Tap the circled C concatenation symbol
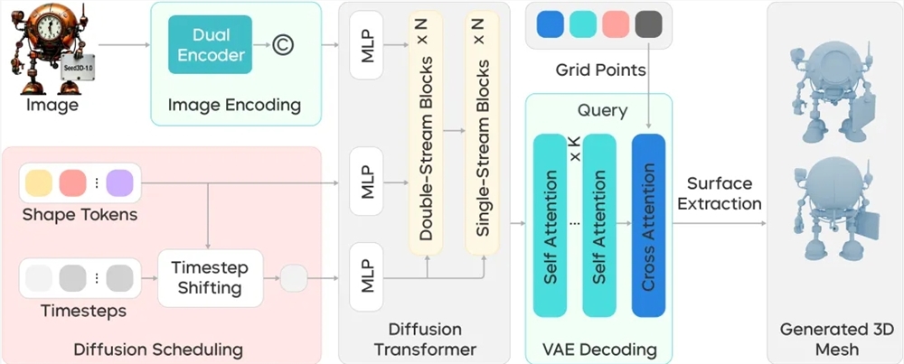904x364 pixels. pyautogui.click(x=282, y=45)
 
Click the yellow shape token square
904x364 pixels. pyautogui.click(x=41, y=184)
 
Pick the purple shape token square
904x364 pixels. pyautogui.click(x=119, y=184)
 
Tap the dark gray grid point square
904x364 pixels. pyautogui.click(x=648, y=24)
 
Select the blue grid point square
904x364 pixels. pyautogui.click(x=550, y=24)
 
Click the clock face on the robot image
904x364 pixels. pyautogui.click(x=43, y=20)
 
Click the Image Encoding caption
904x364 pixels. pyautogui.click(x=234, y=105)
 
